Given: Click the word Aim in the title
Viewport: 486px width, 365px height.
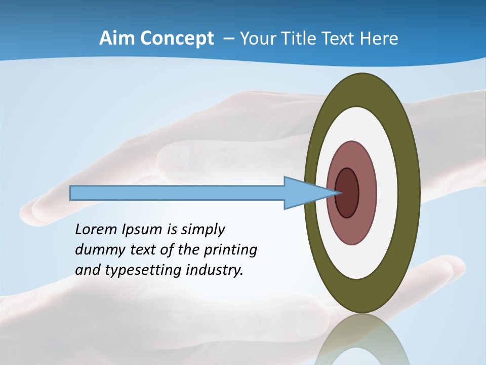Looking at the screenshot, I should (116, 39).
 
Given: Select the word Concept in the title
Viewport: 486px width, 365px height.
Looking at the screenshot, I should (177, 39).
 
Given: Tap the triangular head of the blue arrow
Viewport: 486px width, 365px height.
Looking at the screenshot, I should (301, 193).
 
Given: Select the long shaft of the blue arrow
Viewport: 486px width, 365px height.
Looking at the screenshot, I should (177, 193).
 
